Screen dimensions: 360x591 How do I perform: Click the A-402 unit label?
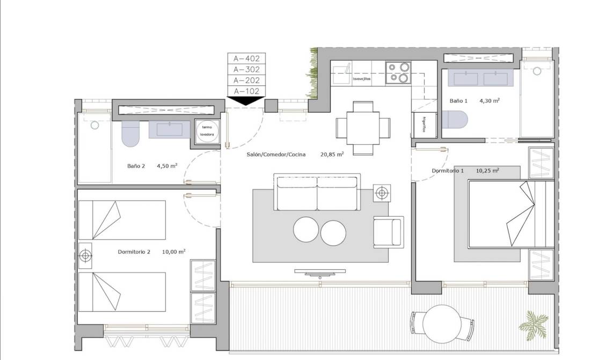pos(246,58)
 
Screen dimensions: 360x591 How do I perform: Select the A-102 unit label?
pos(246,91)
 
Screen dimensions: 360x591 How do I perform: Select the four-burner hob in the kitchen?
pos(398,73)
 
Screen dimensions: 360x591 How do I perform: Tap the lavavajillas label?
pos(362,79)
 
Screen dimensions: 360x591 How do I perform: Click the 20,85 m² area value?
pos(332,154)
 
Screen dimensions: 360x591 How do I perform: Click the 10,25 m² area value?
pos(487,171)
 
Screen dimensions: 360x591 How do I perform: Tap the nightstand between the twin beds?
pos(85,256)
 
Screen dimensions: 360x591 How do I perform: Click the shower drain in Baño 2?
pos(94,125)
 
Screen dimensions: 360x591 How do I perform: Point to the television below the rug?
pos(320,273)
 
